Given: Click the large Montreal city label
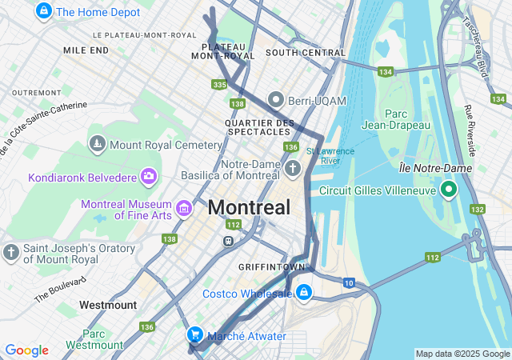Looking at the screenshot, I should point(249,208).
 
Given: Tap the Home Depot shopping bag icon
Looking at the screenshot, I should point(44,12).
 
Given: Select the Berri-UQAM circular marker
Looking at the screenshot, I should point(277,100).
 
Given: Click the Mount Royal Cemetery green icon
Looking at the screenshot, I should point(98,144).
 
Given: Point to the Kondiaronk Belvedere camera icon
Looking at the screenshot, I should point(148,176).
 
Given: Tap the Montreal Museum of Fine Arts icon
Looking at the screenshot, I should point(185,209).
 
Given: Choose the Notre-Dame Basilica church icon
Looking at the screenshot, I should point(294,168).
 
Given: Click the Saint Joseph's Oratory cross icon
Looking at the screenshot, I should point(11,253).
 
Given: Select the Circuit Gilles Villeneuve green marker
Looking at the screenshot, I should point(449,190).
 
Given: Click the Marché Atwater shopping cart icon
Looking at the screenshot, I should point(194,335).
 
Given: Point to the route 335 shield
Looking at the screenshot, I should point(220,84).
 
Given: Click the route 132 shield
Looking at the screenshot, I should point(478,209).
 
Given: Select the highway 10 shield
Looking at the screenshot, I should point(349,282).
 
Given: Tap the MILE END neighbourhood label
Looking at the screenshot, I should point(86,50).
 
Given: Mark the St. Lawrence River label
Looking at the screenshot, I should point(324,155).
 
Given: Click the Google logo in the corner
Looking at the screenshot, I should point(26,350).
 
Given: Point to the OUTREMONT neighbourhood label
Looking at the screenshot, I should point(37,93).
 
